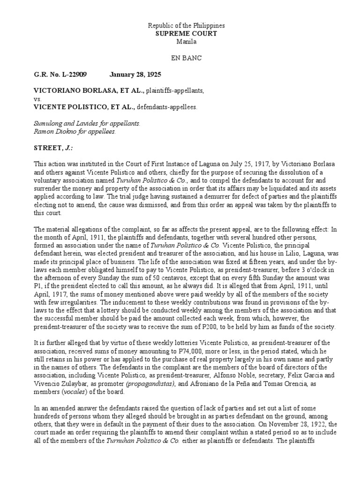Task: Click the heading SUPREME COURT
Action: click(180, 34)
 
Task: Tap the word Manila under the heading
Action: click(180, 42)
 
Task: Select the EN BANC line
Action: click(180, 58)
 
